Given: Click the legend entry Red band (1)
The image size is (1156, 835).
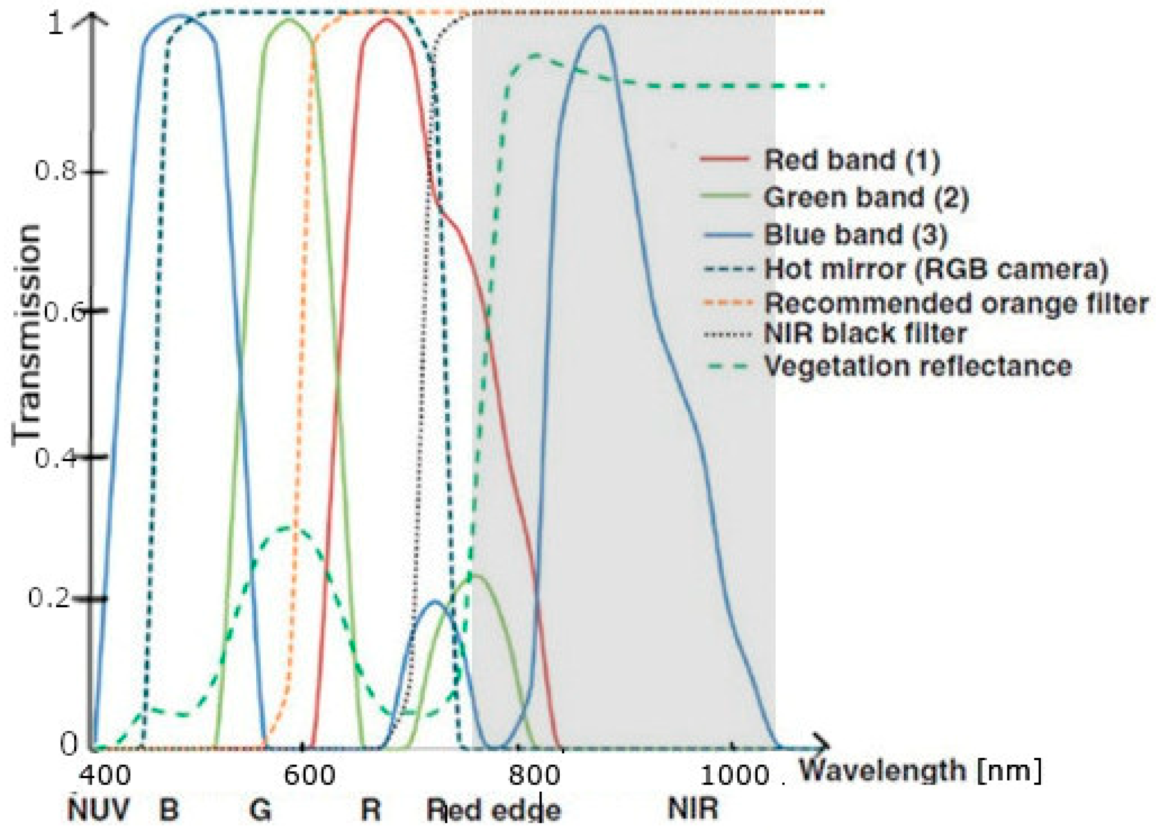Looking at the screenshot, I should coord(851,160).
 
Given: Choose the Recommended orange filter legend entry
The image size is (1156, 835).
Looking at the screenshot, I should coord(956,304).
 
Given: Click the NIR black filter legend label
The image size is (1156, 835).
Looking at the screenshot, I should coord(865,334).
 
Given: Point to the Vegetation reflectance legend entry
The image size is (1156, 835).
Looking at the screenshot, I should coord(917,366).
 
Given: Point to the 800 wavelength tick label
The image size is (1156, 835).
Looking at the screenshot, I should coord(534,776).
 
